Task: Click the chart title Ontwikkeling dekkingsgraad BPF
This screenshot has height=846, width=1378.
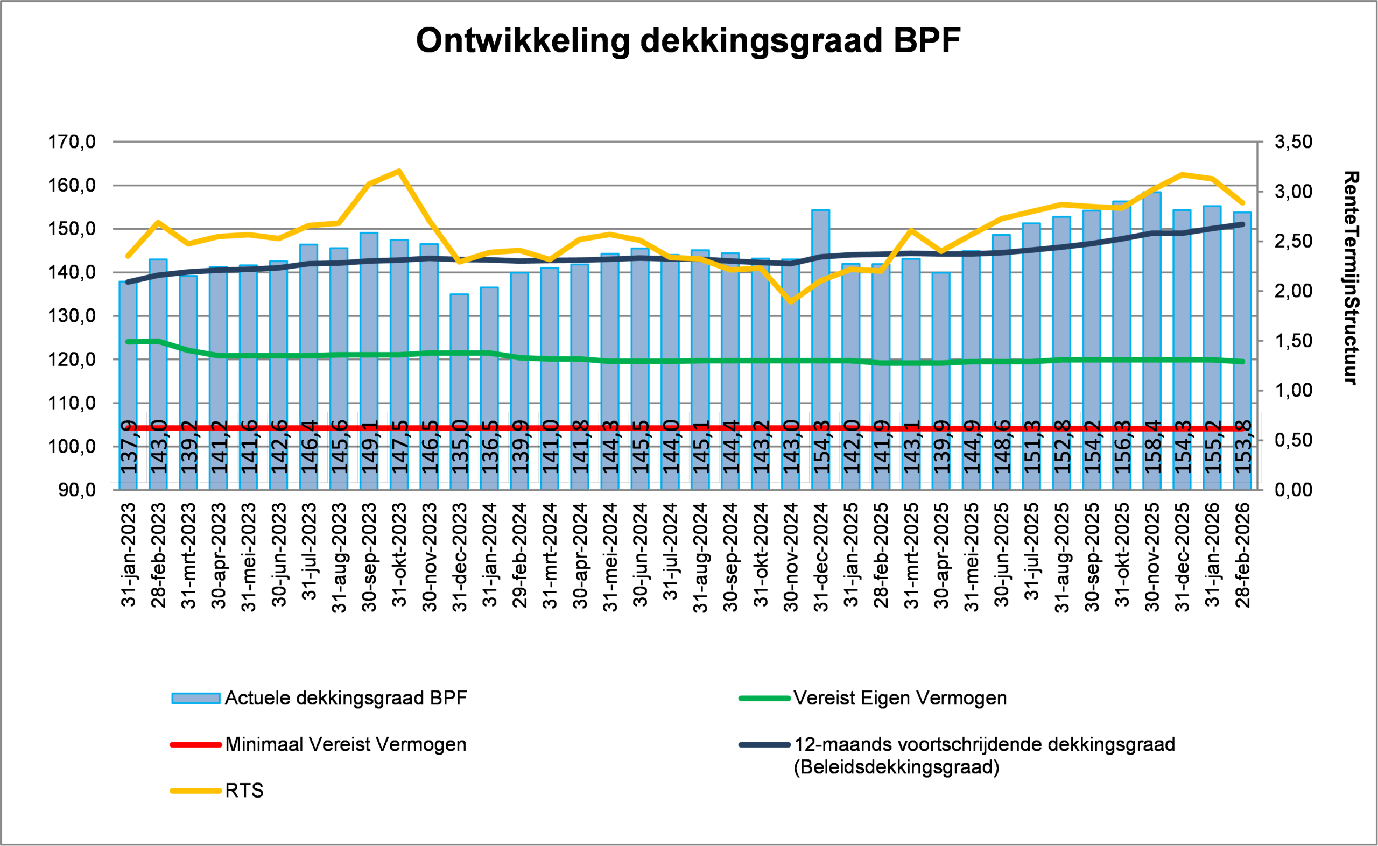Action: coord(688,41)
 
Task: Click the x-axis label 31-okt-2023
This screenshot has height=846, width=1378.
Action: coord(399,554)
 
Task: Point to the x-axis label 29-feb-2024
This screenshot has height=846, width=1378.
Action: coord(520,554)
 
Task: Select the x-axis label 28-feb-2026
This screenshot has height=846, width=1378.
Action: coord(1242,554)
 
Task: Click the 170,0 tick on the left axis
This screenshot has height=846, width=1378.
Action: coord(72,142)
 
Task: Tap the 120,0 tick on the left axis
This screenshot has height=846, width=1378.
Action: coord(72,359)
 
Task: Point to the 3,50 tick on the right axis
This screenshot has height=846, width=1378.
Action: coord(1293,142)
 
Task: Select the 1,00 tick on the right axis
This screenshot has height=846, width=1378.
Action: coord(1293,391)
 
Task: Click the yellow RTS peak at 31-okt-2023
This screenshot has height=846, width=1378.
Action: coord(399,171)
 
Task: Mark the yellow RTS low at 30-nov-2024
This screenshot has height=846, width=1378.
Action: coord(791,302)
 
